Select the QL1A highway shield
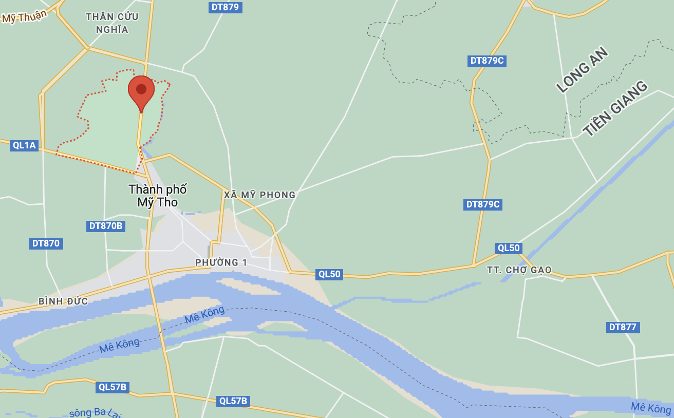click(x=25, y=145)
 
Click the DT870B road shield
click(x=106, y=226)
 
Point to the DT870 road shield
click(x=46, y=243)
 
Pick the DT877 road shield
click(x=623, y=327)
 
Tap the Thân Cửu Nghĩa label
click(x=112, y=23)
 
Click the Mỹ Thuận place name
click(x=24, y=16)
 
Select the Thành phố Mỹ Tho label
click(x=158, y=196)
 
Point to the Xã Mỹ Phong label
click(x=260, y=195)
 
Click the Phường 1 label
click(x=221, y=262)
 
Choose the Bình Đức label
click(x=63, y=301)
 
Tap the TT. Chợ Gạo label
click(x=519, y=270)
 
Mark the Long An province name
click(x=583, y=70)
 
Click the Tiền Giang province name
click(x=615, y=109)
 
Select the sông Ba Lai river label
click(x=95, y=412)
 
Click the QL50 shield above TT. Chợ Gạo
click(x=509, y=248)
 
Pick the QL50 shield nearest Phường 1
click(x=329, y=274)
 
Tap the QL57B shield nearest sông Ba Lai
click(x=112, y=387)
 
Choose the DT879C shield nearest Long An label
click(x=487, y=61)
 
